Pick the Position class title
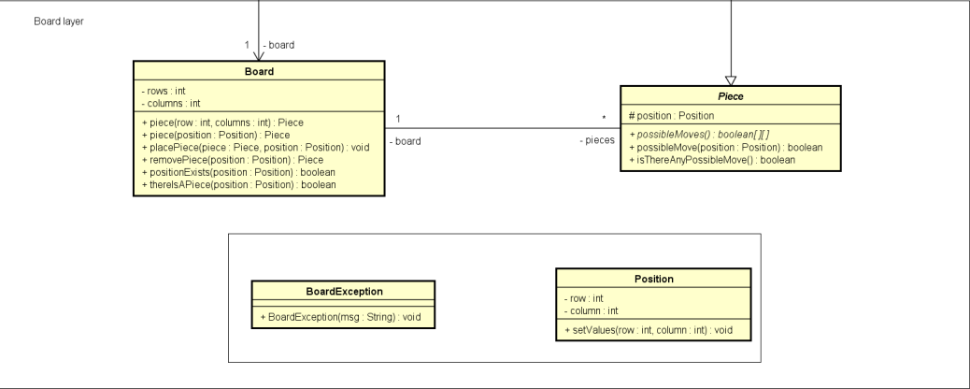click(653, 278)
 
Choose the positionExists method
click(237, 173)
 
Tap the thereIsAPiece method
click(238, 184)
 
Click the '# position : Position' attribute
click(672, 116)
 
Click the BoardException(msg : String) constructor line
click(346, 315)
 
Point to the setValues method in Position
click(653, 332)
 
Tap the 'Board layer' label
click(59, 21)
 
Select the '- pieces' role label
click(595, 141)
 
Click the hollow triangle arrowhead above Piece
click(731, 79)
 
